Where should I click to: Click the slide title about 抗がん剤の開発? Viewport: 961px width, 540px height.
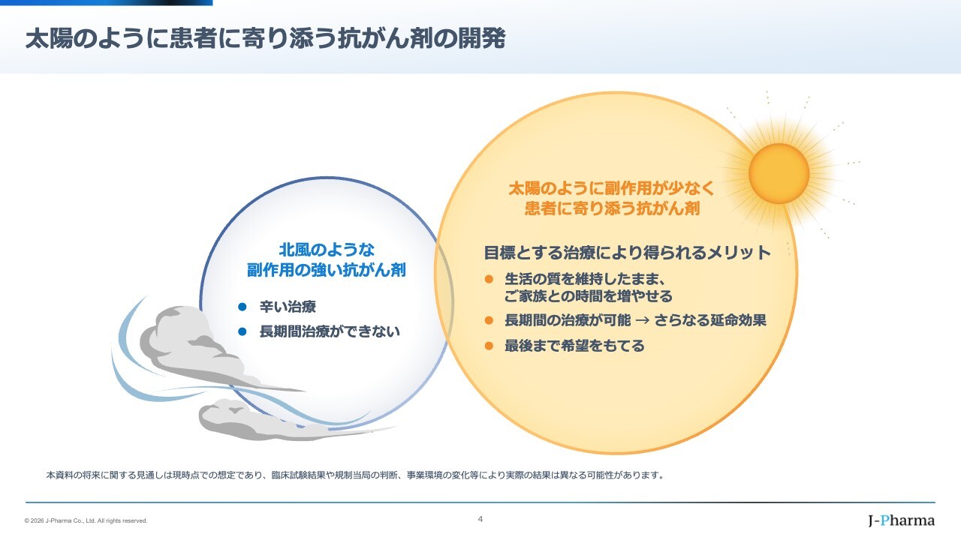pyautogui.click(x=265, y=38)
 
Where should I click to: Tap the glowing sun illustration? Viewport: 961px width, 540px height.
pyautogui.click(x=779, y=173)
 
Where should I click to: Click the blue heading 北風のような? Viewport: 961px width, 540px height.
pyautogui.click(x=327, y=250)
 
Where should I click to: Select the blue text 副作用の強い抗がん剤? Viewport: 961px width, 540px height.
pyautogui.click(x=327, y=270)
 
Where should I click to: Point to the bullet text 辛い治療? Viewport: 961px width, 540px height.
pyautogui.click(x=288, y=307)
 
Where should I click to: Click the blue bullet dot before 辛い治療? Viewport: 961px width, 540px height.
pyautogui.click(x=243, y=307)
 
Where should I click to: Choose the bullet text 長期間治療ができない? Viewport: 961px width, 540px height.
pyautogui.click(x=330, y=331)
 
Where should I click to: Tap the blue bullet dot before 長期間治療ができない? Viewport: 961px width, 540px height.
pyautogui.click(x=243, y=331)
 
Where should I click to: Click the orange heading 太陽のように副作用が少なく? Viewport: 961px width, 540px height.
pyautogui.click(x=612, y=188)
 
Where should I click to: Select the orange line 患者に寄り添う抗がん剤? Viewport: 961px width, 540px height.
pyautogui.click(x=612, y=208)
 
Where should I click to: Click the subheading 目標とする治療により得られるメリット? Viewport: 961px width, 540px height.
pyautogui.click(x=627, y=253)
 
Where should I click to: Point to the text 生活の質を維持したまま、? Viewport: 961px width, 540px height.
pyautogui.click(x=585, y=279)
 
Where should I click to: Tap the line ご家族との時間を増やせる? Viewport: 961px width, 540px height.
pyautogui.click(x=588, y=295)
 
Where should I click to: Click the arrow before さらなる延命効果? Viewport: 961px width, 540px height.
pyautogui.click(x=642, y=320)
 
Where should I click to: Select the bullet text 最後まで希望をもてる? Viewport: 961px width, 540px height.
pyautogui.click(x=574, y=346)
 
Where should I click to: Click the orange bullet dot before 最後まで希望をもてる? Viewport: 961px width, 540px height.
pyautogui.click(x=489, y=346)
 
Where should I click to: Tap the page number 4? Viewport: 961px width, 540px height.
pyautogui.click(x=480, y=519)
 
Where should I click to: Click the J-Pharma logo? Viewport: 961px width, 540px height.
pyautogui.click(x=902, y=520)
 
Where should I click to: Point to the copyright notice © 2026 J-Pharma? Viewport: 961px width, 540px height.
pyautogui.click(x=86, y=520)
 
